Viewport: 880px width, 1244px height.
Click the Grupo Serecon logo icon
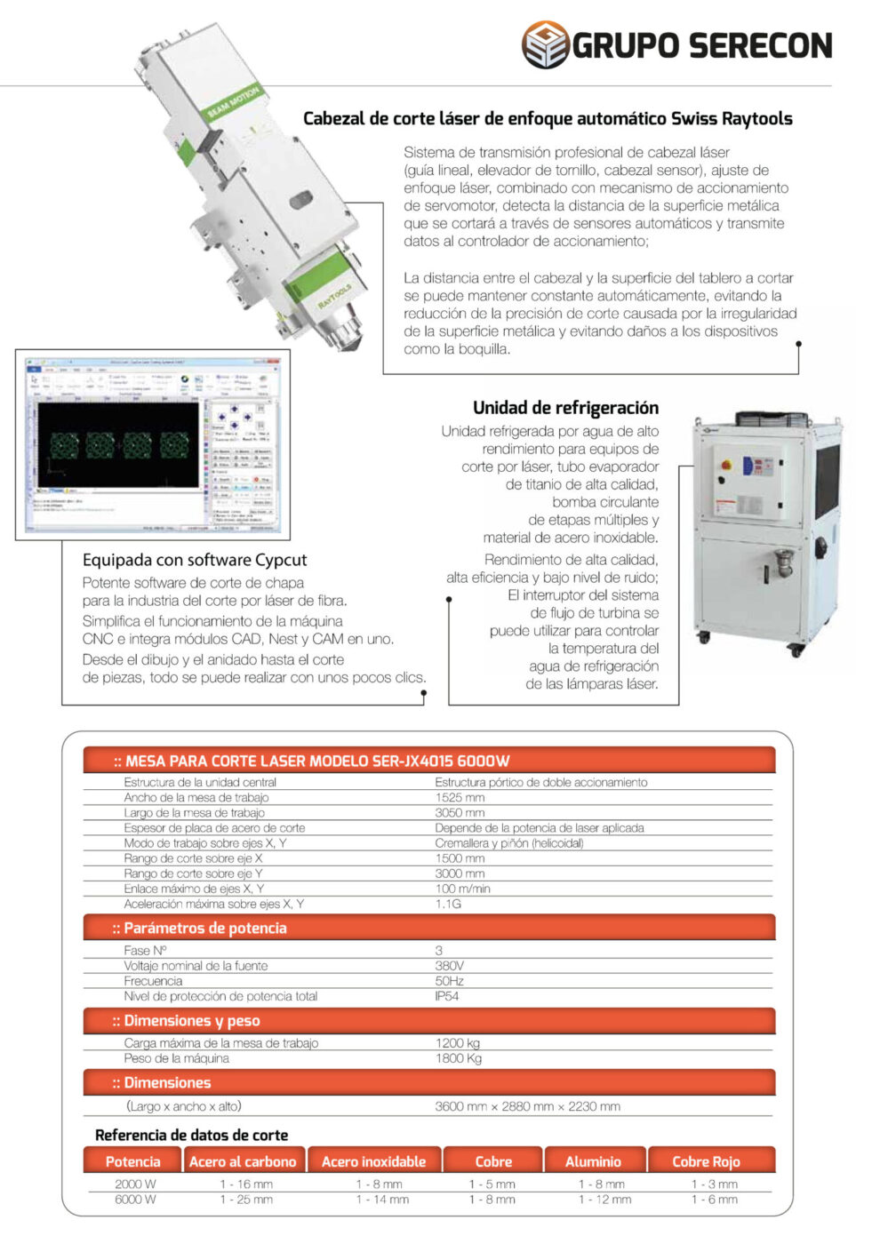pos(545,44)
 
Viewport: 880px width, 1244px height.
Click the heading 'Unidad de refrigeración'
pos(565,408)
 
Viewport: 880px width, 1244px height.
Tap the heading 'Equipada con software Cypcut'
pos(195,560)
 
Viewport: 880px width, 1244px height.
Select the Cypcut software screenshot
pos(153,444)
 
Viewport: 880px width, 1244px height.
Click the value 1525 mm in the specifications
pos(460,798)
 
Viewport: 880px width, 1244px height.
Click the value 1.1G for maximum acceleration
pos(448,904)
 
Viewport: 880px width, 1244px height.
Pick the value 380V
pos(449,966)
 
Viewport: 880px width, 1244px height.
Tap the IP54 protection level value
pos(447,996)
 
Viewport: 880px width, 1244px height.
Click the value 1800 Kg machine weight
pos(458,1058)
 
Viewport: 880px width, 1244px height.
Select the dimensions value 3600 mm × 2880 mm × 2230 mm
pos(527,1106)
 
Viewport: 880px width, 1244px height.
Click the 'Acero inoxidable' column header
pos(373,1161)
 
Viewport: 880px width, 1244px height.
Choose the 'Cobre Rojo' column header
pos(706,1161)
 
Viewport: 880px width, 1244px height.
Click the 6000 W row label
pos(135,1200)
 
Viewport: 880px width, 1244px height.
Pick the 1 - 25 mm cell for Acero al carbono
pos(246,1200)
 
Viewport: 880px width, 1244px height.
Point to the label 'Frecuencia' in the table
pos(153,981)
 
